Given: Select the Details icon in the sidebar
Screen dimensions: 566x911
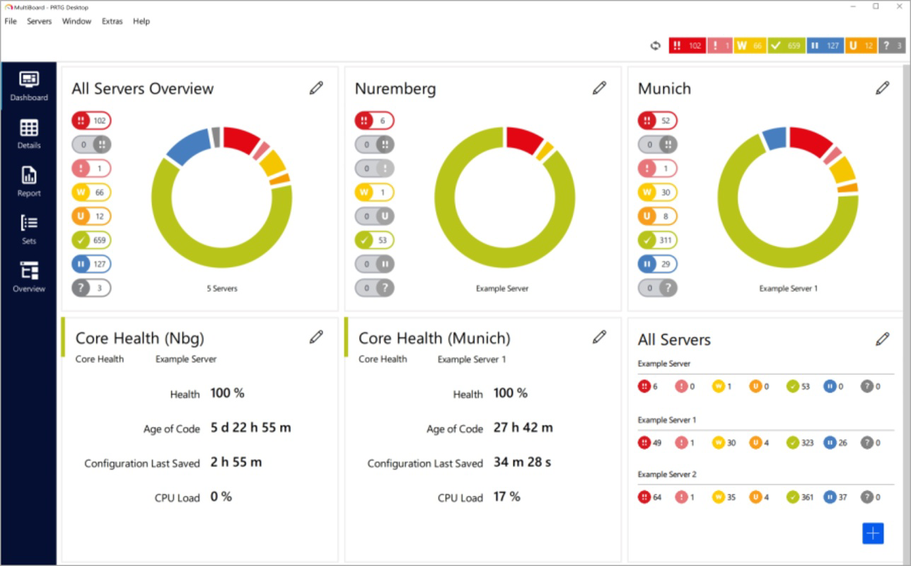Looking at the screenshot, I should [x=29, y=134].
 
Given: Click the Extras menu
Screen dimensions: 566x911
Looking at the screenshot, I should [x=112, y=21].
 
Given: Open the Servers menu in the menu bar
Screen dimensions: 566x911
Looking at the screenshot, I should [x=39, y=21].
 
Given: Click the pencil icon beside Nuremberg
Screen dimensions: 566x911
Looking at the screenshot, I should [x=599, y=88].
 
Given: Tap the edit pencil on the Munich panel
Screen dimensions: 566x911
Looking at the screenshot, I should [x=882, y=88].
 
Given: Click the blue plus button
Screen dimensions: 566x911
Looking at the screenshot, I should [x=873, y=533].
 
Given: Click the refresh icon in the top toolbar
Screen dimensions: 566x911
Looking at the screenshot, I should [x=655, y=46].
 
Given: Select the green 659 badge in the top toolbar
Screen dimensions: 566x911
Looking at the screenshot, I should [x=786, y=46].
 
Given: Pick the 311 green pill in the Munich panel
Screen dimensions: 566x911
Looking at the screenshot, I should [x=657, y=241].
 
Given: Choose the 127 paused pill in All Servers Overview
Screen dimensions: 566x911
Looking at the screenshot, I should [x=91, y=265].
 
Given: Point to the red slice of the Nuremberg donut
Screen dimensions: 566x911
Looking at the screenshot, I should [x=524, y=139].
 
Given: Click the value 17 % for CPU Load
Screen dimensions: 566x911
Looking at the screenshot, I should [x=506, y=497].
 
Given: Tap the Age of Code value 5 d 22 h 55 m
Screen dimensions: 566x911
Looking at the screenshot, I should [x=250, y=428].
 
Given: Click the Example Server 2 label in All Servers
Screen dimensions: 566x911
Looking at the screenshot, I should [x=667, y=474].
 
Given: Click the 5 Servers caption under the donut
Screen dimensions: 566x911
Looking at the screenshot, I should [x=222, y=289].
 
